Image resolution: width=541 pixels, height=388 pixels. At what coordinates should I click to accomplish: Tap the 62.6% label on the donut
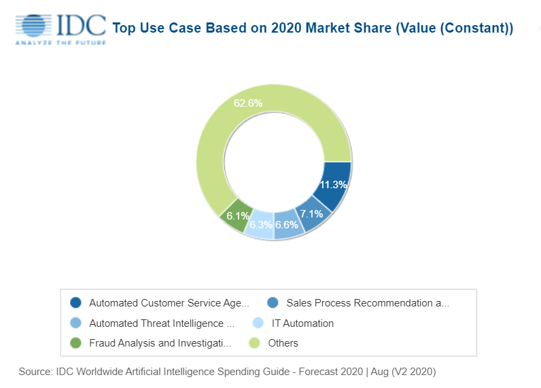[248, 103]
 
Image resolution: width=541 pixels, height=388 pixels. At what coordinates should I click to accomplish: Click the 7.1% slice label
[311, 214]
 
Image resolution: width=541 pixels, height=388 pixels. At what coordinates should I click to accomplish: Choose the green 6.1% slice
[237, 215]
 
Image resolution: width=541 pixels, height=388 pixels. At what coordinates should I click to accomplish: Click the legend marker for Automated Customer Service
[76, 303]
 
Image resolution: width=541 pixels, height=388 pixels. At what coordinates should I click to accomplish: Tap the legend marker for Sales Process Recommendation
[273, 303]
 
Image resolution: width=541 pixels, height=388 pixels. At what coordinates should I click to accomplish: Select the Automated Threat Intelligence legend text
[161, 323]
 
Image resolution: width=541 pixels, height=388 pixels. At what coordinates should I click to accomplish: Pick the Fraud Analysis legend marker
[76, 343]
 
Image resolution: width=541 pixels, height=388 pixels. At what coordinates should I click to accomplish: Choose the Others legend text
[283, 343]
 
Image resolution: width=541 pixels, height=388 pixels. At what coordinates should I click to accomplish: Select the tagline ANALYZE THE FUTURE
[60, 42]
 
